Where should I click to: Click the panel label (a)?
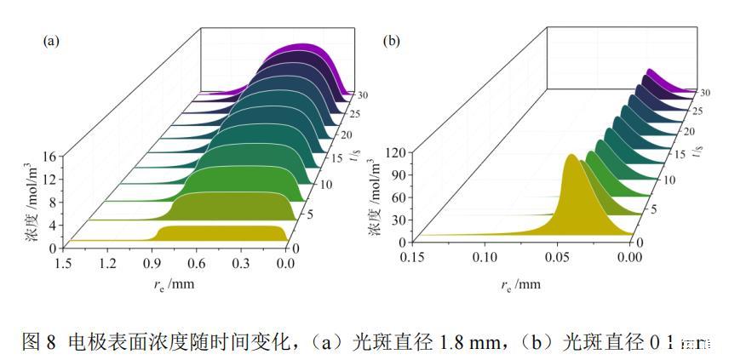pos(50,39)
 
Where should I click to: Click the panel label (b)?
pos(393,39)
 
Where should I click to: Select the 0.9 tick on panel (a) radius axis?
pos(152,264)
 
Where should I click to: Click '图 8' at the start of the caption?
pos(38,341)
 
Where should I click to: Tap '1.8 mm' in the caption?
pos(468,341)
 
